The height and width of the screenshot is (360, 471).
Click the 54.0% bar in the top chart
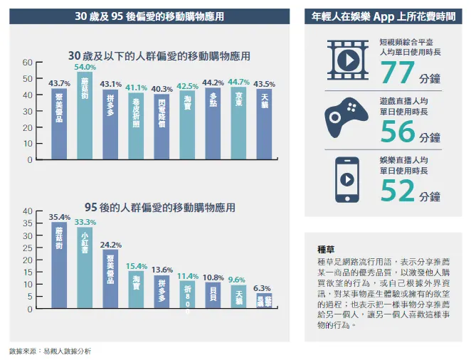[x=85, y=115]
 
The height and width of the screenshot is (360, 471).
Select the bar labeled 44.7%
[x=238, y=123]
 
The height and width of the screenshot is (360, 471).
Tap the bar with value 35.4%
[x=59, y=265]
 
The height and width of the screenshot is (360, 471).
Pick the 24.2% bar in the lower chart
[x=110, y=279]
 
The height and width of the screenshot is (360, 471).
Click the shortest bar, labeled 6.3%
[x=263, y=302]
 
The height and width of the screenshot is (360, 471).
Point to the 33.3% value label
[x=85, y=222]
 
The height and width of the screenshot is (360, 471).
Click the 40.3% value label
[x=162, y=89]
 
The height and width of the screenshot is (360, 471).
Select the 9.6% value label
[x=236, y=280]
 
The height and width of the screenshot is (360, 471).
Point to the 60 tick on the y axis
[x=27, y=62]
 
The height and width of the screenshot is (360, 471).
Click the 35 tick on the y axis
[x=27, y=223]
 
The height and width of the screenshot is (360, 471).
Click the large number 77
[x=398, y=73]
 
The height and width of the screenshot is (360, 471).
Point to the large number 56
[x=398, y=132]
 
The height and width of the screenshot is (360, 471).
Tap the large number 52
[x=398, y=191]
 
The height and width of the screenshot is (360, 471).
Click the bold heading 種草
[x=326, y=250]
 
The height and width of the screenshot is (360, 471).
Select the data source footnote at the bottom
[x=50, y=351]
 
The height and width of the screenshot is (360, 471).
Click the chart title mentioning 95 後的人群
[x=159, y=208]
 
